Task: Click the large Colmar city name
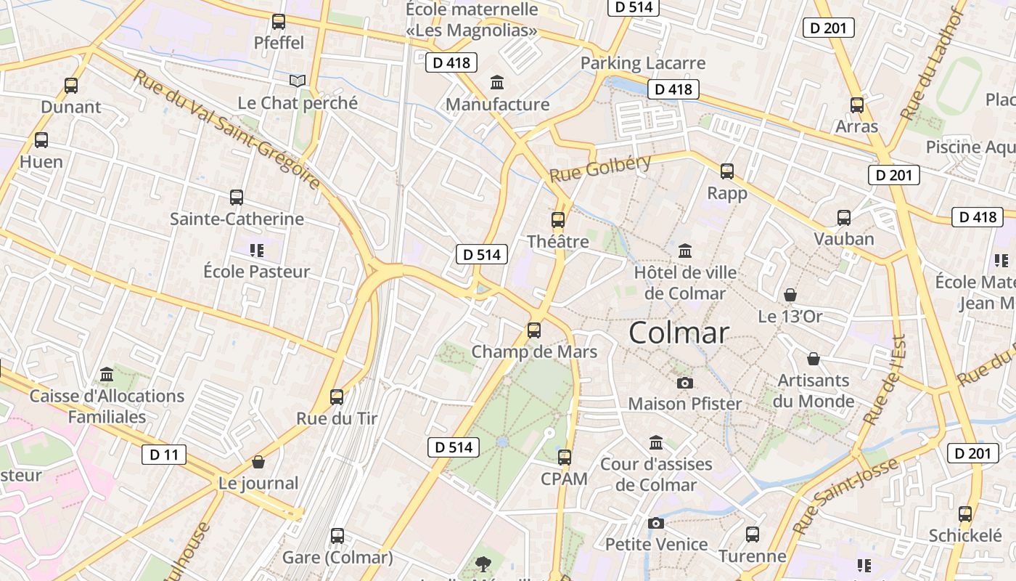[x=679, y=333]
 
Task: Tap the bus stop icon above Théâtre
[x=557, y=219]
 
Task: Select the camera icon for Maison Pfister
[x=684, y=383]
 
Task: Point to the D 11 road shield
[x=163, y=455]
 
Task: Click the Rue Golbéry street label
[x=600, y=168]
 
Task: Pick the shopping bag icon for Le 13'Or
[x=790, y=295]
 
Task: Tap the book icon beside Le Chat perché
[x=298, y=81]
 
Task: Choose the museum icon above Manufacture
[x=497, y=82]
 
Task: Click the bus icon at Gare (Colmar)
[x=337, y=536]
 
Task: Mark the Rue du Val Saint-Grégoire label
[x=226, y=129]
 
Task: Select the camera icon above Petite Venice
[x=656, y=523]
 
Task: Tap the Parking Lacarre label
[x=643, y=63]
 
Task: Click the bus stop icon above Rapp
[x=727, y=171]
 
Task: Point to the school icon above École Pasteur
[x=256, y=251]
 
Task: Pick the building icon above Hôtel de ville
[x=684, y=251]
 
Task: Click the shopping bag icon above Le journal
[x=258, y=462]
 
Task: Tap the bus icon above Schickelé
[x=965, y=514]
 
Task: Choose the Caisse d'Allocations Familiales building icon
[x=107, y=374]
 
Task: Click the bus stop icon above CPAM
[x=565, y=458]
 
